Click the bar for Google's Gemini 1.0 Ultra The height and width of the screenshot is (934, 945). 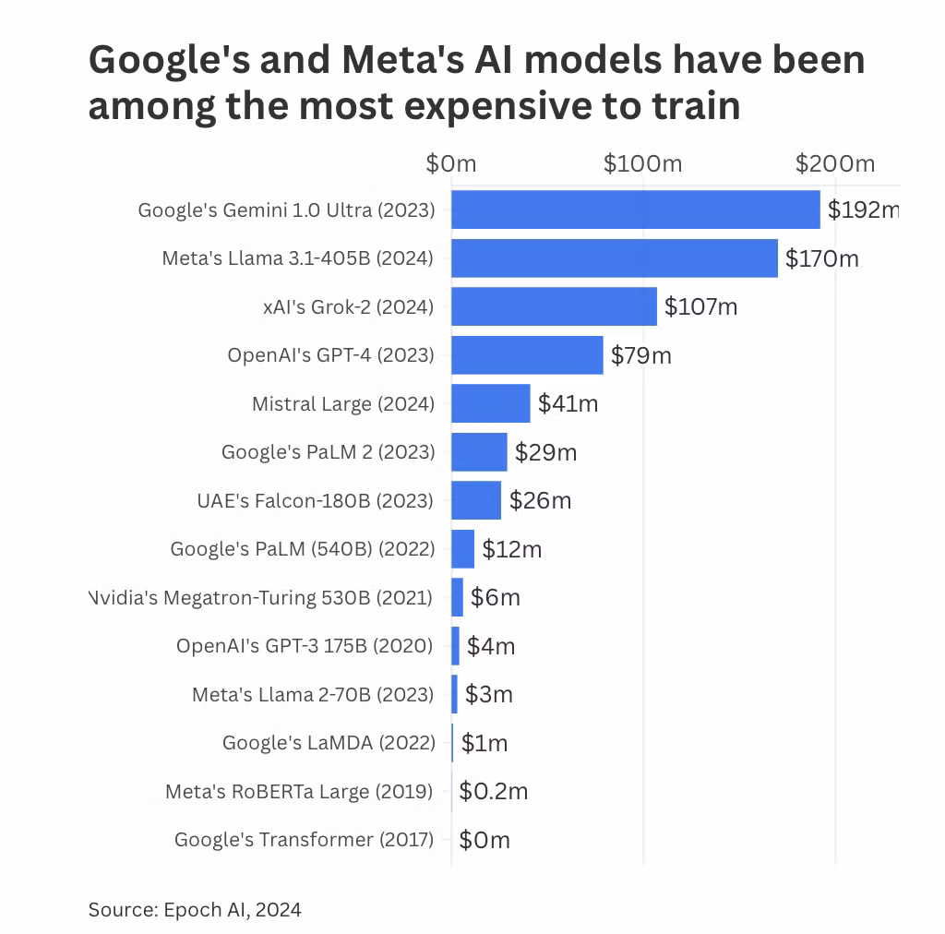pos(635,210)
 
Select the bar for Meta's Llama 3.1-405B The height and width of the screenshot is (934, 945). pos(614,257)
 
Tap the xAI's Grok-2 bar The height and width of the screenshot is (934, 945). pos(554,306)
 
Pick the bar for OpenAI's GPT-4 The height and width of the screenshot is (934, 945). pos(527,354)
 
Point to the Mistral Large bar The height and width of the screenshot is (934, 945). pos(490,403)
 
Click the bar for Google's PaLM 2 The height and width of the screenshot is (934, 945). pos(479,452)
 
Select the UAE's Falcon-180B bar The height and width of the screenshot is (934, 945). pos(476,500)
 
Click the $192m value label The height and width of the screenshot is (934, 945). pos(863,210)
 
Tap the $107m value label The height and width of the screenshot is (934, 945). pos(700,306)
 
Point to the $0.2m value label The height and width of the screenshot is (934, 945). pos(494,791)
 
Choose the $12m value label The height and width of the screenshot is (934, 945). pos(512,549)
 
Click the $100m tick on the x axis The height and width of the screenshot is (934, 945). pos(642,164)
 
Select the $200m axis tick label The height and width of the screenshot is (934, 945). pos(835,164)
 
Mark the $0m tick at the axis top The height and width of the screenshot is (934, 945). pos(451,164)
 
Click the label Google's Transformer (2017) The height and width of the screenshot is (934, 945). pos(304,840)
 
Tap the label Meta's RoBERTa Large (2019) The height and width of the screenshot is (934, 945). pos(299,791)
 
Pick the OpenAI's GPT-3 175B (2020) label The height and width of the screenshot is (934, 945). pos(305,646)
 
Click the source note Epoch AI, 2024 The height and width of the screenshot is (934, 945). pos(195,910)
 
